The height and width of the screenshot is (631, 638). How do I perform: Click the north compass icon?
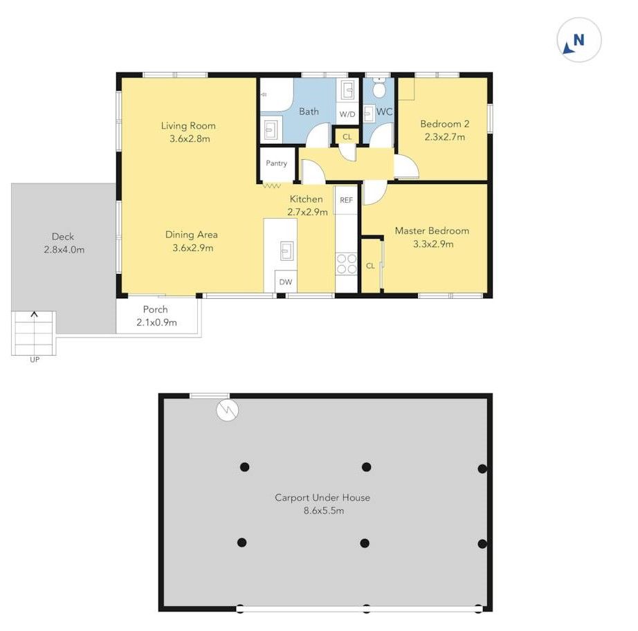(x=578, y=40)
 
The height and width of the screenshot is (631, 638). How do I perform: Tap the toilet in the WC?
(x=379, y=88)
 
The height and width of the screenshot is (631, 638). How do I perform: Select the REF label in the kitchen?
(x=346, y=200)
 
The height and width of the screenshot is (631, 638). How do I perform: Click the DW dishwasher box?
(x=286, y=282)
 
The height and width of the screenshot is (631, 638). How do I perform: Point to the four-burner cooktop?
(x=347, y=264)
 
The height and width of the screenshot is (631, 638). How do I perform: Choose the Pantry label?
(x=276, y=163)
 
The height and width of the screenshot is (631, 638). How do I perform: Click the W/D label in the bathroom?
(x=347, y=114)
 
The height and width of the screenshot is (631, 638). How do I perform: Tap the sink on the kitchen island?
(x=287, y=250)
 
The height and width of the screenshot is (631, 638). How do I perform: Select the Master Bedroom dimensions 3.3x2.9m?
(x=433, y=244)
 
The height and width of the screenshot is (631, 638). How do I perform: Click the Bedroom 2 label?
(x=445, y=124)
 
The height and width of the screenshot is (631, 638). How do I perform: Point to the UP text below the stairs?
(x=35, y=360)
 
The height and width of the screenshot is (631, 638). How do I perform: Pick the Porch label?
(x=156, y=309)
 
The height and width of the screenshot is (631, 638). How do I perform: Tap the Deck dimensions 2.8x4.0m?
(x=64, y=250)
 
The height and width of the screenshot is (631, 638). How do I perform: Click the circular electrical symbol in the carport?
(x=228, y=410)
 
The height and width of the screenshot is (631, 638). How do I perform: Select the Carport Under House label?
(x=322, y=497)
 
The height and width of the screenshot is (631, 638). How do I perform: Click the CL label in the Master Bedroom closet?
(x=370, y=266)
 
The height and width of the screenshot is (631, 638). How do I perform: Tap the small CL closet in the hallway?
(x=347, y=136)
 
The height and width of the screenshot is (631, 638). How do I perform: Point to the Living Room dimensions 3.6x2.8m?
(x=190, y=139)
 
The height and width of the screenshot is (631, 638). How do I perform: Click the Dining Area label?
(x=191, y=235)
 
